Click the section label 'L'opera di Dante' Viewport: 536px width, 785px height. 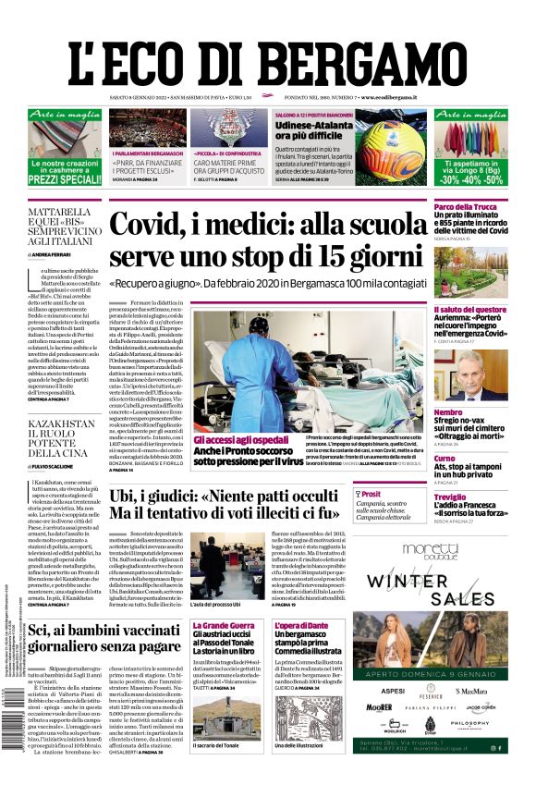pyautogui.click(x=302, y=626)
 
